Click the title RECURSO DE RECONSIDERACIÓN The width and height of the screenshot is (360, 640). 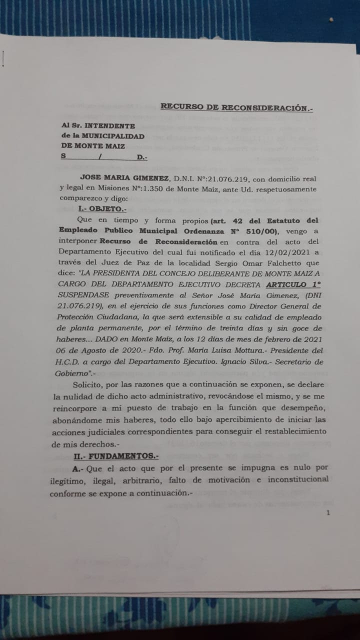[236, 107]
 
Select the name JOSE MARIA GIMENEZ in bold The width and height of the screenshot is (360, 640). [124, 178]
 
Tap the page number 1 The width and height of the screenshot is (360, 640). [328, 512]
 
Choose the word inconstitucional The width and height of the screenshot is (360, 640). [297, 479]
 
